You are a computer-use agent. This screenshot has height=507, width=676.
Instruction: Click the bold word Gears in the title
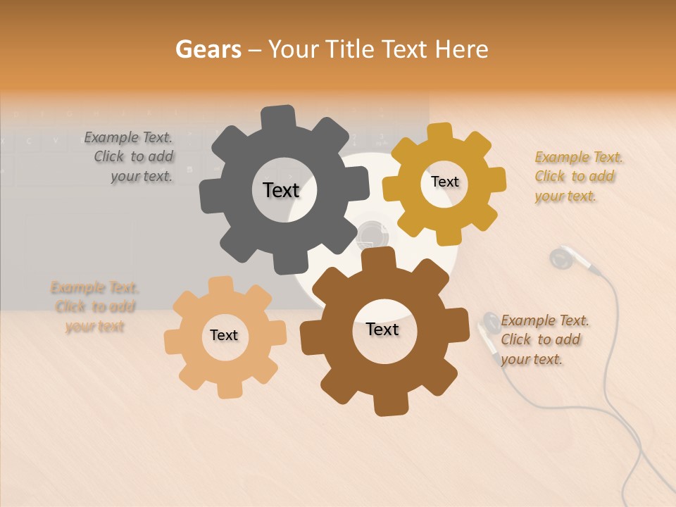[x=208, y=49]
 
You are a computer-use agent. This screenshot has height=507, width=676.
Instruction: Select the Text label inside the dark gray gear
[x=281, y=190]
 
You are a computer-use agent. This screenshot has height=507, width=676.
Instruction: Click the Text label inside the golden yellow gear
[x=444, y=182]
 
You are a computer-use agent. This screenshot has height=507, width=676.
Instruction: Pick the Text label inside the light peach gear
[x=224, y=335]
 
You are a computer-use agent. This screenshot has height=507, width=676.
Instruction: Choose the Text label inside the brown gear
[x=382, y=329]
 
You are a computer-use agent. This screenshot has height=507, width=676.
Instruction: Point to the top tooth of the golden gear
[x=440, y=132]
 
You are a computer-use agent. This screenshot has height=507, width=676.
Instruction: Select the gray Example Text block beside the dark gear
[x=130, y=157]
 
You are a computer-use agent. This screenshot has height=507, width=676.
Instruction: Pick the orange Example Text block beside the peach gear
[x=94, y=306]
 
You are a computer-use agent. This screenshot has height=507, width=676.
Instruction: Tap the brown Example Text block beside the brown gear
[x=544, y=339]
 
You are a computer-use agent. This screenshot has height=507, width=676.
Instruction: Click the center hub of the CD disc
[x=373, y=235]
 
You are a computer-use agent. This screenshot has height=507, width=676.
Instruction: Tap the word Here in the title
[x=462, y=49]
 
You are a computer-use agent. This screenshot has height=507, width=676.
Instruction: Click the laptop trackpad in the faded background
[x=77, y=243]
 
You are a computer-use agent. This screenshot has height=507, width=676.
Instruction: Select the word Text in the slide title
[x=406, y=49]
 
